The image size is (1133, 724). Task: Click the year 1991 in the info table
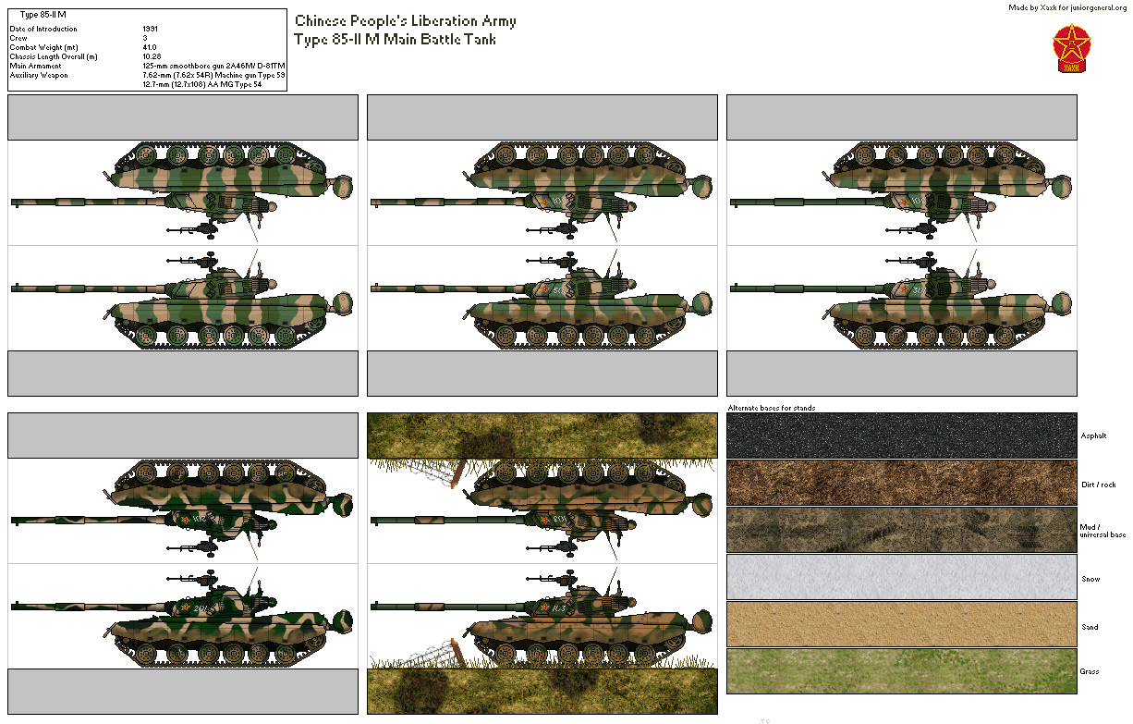151,29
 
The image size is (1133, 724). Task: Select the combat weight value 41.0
150,47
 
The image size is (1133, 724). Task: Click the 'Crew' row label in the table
18,38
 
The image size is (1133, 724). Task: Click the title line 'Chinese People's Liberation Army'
405,21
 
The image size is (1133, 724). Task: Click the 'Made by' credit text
1067,7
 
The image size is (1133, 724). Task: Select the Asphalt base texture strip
901,436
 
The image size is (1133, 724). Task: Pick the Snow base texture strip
901,577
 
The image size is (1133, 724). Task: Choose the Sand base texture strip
901,624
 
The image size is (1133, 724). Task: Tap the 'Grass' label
1090,671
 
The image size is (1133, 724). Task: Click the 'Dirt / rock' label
1097,484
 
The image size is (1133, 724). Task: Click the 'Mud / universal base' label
1103,531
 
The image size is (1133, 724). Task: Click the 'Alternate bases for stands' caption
771,408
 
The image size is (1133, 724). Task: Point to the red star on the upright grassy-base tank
545,607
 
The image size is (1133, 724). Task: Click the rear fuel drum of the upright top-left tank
343,301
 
